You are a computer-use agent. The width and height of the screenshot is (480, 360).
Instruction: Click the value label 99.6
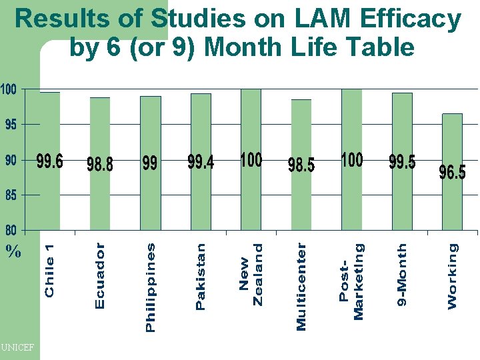pos(50,162)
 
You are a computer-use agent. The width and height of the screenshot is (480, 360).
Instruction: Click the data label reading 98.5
pos(301,165)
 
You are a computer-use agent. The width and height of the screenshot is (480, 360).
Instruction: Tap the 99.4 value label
pos(201,162)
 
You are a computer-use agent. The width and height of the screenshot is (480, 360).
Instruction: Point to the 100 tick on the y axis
pos(9,89)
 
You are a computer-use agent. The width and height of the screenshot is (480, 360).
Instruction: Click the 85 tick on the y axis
pos(11,196)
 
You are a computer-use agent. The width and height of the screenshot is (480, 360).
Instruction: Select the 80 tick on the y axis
pos(11,231)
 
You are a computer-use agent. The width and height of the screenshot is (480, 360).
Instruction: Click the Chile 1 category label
pos(50,270)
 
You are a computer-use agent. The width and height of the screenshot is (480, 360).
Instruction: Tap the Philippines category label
pos(151,287)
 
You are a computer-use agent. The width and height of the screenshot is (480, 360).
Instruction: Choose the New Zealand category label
pos(251,274)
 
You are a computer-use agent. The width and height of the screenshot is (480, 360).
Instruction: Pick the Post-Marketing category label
pos(351,280)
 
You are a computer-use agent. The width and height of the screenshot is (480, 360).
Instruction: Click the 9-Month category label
pos(401,275)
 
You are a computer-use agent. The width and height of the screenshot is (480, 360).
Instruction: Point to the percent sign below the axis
pos(13,253)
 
